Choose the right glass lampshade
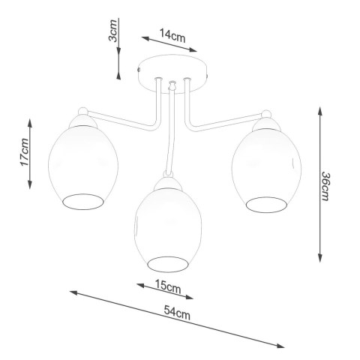[266, 166]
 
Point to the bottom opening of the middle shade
[166, 262]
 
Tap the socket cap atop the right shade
[266, 120]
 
